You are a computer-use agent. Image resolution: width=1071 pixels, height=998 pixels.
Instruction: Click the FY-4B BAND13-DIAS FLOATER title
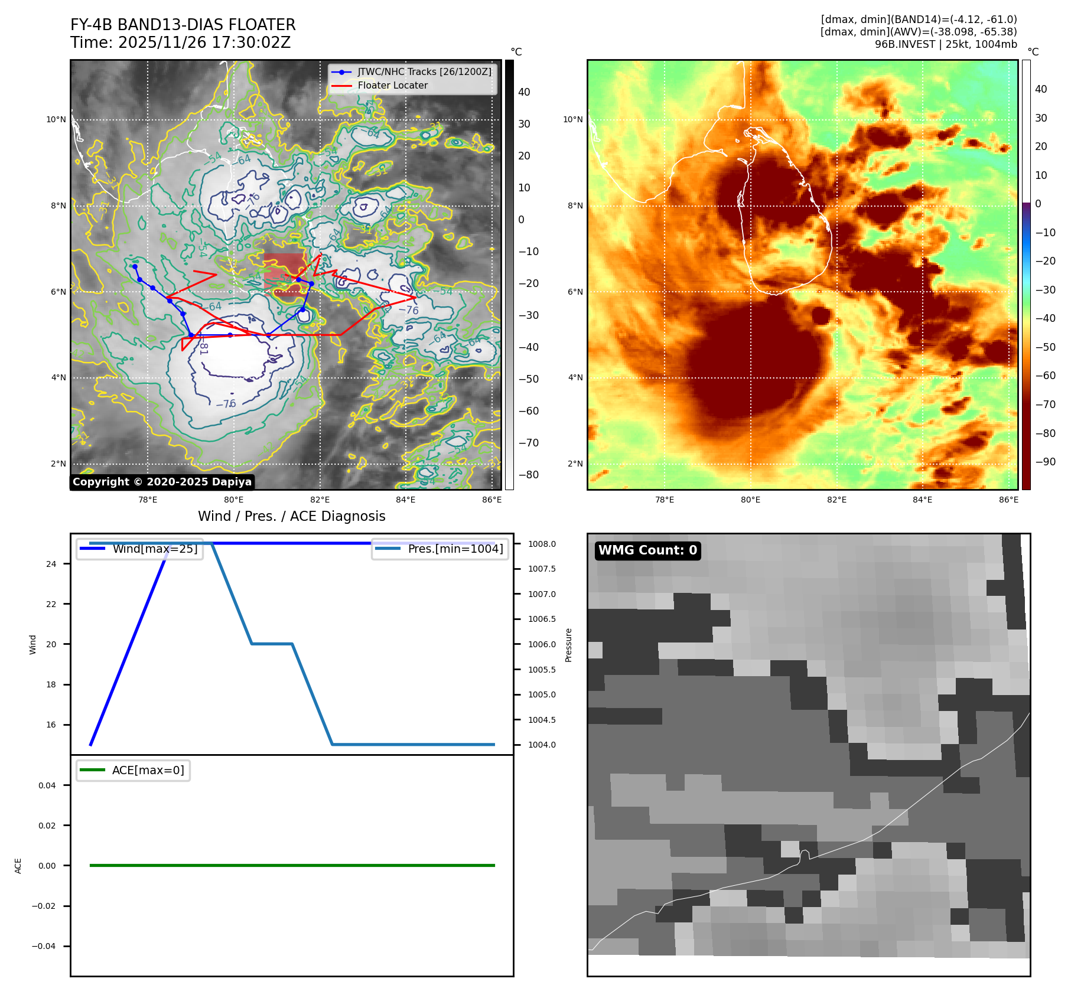pyautogui.click(x=183, y=25)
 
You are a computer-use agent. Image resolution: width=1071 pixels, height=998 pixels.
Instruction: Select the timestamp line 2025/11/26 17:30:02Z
pyautogui.click(x=180, y=43)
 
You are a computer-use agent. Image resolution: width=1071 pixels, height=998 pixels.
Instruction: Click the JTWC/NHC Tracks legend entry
pyautogui.click(x=424, y=71)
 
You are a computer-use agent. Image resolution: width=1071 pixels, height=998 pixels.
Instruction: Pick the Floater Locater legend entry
pyautogui.click(x=392, y=85)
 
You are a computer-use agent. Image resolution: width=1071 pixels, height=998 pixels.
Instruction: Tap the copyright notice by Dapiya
pyautogui.click(x=162, y=482)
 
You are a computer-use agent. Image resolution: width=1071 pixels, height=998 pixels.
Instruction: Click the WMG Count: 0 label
pyautogui.click(x=647, y=550)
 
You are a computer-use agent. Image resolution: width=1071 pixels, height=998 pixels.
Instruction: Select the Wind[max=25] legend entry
pyautogui.click(x=155, y=549)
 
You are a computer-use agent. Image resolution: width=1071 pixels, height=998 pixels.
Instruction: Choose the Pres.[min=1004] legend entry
pyautogui.click(x=455, y=549)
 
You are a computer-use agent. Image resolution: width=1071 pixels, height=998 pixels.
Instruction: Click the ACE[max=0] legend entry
pyautogui.click(x=148, y=770)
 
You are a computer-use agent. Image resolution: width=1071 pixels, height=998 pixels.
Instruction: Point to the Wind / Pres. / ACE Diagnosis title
pyautogui.click(x=291, y=516)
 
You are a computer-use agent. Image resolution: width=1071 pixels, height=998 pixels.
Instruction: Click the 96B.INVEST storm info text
pyautogui.click(x=945, y=44)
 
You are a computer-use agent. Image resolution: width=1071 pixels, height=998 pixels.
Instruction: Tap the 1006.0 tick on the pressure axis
pyautogui.click(x=542, y=644)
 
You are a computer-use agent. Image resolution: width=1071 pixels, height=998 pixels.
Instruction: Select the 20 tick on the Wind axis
pyautogui.click(x=51, y=644)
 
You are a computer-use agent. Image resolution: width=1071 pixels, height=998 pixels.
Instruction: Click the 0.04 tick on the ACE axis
pyautogui.click(x=47, y=785)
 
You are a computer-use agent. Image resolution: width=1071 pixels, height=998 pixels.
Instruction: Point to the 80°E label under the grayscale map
pyautogui.click(x=233, y=500)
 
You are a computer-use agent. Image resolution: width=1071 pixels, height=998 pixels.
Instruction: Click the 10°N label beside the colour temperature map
pyautogui.click(x=572, y=120)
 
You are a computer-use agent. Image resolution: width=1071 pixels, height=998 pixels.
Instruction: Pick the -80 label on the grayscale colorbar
pyautogui.click(x=528, y=475)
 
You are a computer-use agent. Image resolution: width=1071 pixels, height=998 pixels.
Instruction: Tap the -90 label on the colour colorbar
pyautogui.click(x=1045, y=462)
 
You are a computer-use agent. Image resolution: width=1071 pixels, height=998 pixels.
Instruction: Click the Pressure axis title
pyautogui.click(x=568, y=645)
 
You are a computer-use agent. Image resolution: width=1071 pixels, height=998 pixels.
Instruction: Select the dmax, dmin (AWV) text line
pyautogui.click(x=918, y=32)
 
